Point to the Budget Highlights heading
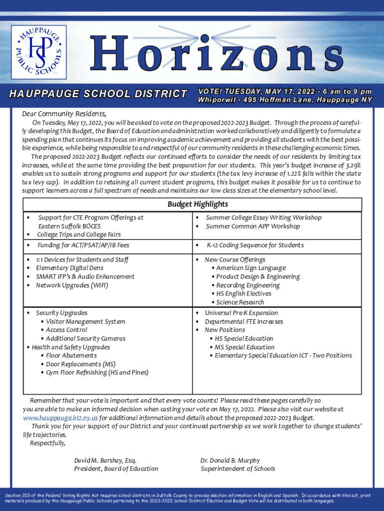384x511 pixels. tap(197, 204)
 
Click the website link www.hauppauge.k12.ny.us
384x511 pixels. tap(60, 418)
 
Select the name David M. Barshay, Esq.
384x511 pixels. tap(105, 460)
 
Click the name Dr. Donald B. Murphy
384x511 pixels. tap(230, 460)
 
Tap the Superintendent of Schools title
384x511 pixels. tap(237, 469)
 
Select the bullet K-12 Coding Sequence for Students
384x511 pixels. tap(255, 245)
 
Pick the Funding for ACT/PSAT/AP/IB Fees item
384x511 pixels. tap(83, 245)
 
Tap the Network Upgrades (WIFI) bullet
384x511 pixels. tap(72, 285)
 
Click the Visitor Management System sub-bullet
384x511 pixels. tap(85, 321)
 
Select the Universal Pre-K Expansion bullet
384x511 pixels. tap(241, 313)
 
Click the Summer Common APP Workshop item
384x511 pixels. tap(253, 226)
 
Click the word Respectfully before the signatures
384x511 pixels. tap(47, 443)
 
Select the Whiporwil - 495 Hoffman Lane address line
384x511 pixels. tap(285, 100)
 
